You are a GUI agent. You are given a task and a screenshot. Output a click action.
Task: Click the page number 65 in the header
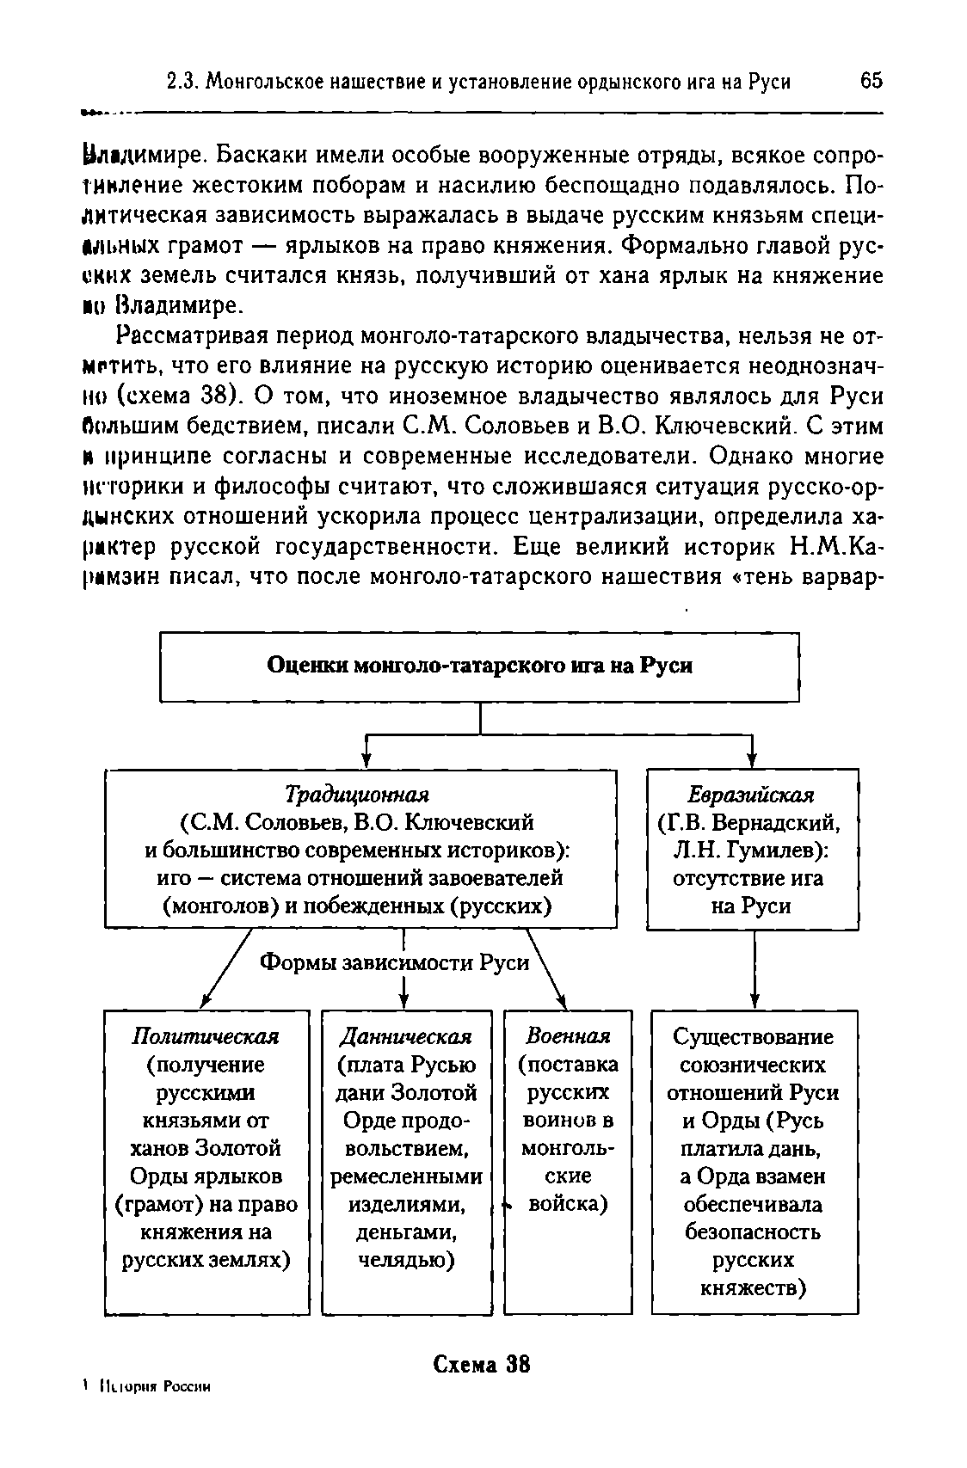871,81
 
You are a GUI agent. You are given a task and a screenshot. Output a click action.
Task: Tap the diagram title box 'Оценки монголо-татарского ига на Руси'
480,666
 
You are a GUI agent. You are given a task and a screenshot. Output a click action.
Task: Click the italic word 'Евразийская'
751,794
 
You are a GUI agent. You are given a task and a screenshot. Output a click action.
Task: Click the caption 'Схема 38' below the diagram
482,1364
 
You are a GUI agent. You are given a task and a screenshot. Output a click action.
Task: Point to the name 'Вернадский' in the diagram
774,822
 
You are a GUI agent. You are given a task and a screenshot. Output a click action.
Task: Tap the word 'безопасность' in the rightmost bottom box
753,1232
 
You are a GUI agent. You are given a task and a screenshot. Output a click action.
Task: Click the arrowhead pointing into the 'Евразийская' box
753,759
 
